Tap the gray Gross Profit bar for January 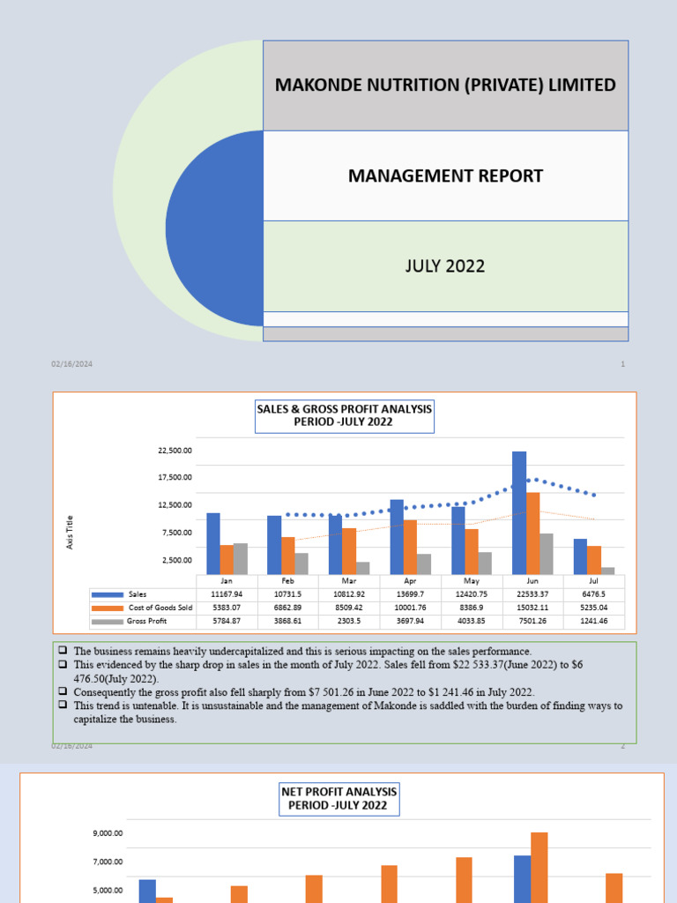click(x=240, y=559)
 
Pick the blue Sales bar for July click(x=580, y=556)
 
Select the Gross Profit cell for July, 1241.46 click(x=594, y=621)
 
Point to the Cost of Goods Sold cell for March click(x=349, y=608)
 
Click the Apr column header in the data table click(x=410, y=581)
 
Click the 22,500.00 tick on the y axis click(x=175, y=451)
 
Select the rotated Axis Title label click(x=71, y=533)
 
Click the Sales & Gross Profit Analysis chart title click(x=345, y=415)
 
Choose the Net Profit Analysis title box click(x=339, y=798)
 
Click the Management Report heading click(x=445, y=175)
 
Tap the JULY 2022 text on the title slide click(x=445, y=265)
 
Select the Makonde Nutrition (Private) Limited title click(x=445, y=85)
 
